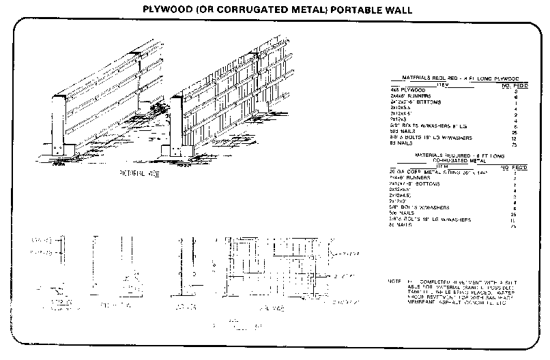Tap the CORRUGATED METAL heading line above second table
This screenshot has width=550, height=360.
pyautogui.click(x=450, y=160)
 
